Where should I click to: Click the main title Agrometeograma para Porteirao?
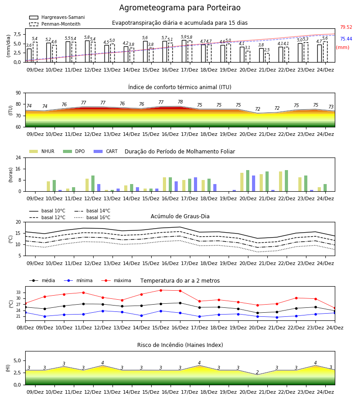[x=180, y=8]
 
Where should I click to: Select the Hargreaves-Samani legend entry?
[x=57, y=17]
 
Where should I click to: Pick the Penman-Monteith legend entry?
[x=55, y=24]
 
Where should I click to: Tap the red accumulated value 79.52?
[x=346, y=27]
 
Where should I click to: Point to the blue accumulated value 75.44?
[x=346, y=39]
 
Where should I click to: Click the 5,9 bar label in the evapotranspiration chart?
[x=184, y=37]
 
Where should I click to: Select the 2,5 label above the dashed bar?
[x=267, y=50]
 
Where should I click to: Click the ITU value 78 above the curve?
[x=180, y=102]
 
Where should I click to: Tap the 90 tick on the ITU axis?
[x=18, y=93]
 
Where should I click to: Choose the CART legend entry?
[x=106, y=151]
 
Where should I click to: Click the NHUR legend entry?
[x=42, y=151]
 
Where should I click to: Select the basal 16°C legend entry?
[x=92, y=217]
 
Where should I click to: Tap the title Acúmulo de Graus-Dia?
[x=180, y=216]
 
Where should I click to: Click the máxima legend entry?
[x=116, y=280]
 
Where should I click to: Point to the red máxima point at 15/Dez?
[x=161, y=290]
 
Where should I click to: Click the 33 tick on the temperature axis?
[x=18, y=292]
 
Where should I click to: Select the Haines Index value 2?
[x=257, y=372]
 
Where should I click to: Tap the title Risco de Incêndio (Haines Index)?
[x=180, y=345]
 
